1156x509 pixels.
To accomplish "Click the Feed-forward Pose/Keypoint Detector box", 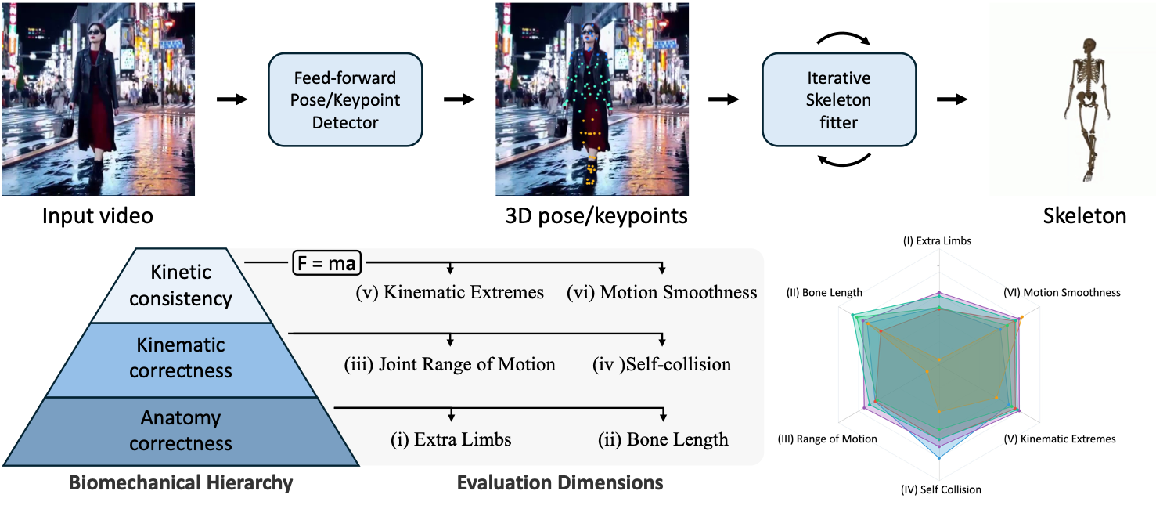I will (x=345, y=99).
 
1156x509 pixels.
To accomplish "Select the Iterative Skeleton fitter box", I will (x=839, y=99).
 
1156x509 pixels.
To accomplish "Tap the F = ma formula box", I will (x=326, y=263).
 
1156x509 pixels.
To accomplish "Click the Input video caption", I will (x=97, y=216).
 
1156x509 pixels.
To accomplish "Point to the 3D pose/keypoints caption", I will (x=592, y=216).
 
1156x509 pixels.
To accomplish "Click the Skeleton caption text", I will (x=1085, y=216).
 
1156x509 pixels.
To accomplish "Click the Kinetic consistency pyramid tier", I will (x=181, y=285).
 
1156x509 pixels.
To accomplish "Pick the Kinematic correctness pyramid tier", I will (x=181, y=357).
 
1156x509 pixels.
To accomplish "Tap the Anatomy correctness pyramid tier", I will (x=181, y=431).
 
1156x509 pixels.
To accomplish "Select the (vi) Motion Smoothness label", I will (x=662, y=293).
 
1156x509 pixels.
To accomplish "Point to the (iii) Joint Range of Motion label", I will (x=450, y=364).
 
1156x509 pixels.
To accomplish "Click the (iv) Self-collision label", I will (x=662, y=364).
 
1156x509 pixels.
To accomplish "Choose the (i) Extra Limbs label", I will (x=451, y=439).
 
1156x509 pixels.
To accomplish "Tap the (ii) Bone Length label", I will (x=662, y=439).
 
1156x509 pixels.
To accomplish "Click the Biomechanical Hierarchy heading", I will (x=181, y=482).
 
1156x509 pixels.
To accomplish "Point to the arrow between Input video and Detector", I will (x=231, y=99).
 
